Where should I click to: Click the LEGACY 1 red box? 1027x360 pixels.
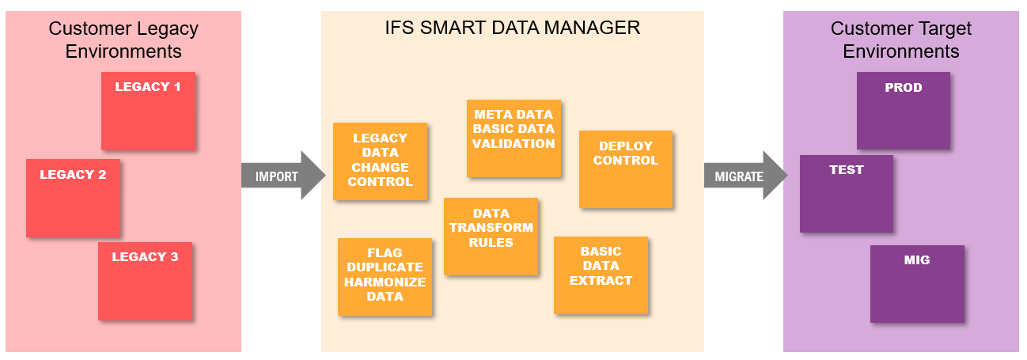[148, 111]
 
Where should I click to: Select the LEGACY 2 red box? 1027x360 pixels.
[73, 198]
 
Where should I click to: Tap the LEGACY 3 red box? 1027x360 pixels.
[145, 281]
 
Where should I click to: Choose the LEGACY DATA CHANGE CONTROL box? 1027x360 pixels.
[380, 161]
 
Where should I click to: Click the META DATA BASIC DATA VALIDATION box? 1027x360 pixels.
[513, 138]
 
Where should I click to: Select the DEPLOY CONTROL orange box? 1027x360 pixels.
[625, 169]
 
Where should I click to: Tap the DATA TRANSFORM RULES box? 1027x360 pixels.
[491, 236]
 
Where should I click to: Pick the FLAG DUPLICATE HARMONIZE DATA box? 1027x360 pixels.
[385, 276]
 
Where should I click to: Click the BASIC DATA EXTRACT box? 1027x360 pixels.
[601, 275]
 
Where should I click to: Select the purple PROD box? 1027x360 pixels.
[903, 111]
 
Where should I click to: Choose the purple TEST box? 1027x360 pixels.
[846, 193]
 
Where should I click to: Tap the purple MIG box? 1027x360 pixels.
[917, 283]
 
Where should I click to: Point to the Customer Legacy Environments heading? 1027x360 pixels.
[123, 40]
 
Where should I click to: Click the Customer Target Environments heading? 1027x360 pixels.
[901, 40]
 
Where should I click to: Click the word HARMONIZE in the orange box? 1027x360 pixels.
[385, 282]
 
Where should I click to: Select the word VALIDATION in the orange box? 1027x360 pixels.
[513, 144]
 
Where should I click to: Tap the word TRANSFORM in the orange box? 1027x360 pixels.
[491, 228]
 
